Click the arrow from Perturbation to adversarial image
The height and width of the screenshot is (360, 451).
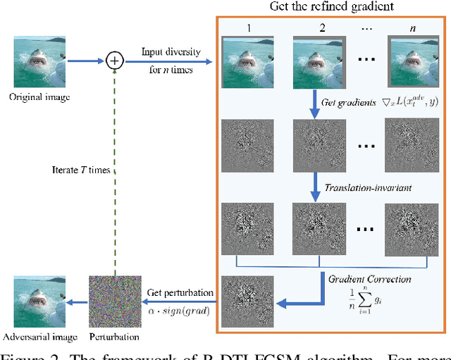click(x=77, y=302)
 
